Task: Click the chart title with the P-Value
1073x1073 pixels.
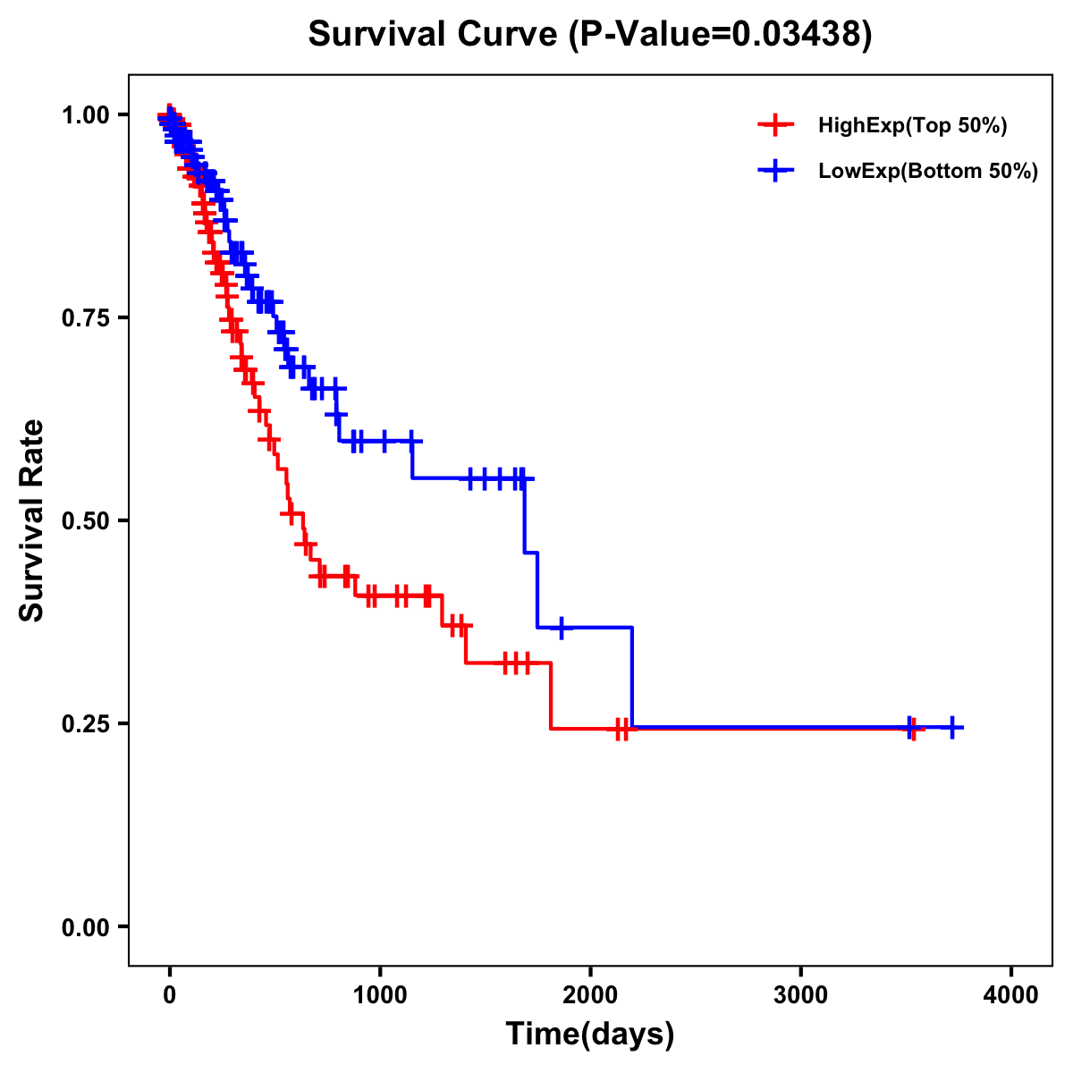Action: [589, 35]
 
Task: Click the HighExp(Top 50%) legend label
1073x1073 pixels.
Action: [912, 126]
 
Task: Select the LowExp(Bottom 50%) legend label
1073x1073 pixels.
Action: [928, 172]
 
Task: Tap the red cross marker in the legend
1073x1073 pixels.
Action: [775, 125]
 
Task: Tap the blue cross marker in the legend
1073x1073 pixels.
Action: [775, 171]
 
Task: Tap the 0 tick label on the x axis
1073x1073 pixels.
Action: [170, 995]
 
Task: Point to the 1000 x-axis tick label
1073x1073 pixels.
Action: [380, 995]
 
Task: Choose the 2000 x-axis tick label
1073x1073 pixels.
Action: [590, 995]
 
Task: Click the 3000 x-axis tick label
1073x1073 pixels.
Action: [800, 995]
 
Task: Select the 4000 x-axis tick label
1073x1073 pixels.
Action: [1011, 995]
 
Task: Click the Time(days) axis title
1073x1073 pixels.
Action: [590, 1035]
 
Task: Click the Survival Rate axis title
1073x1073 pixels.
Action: [32, 520]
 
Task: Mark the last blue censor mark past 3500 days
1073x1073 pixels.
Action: [952, 728]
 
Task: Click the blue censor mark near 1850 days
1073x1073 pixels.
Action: [561, 628]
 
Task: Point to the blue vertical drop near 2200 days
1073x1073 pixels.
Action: [632, 678]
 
